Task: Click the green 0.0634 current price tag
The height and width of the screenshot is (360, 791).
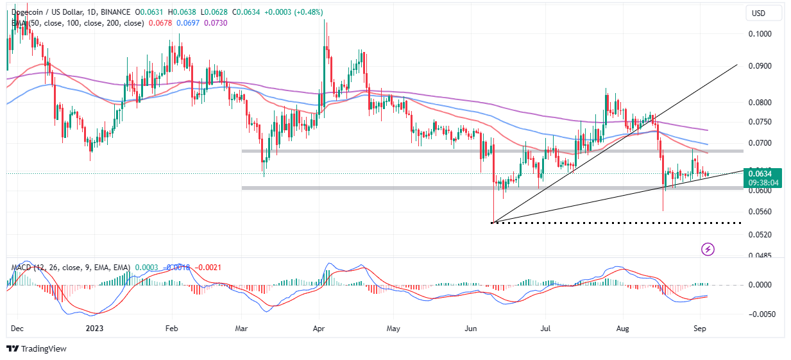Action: click(762, 173)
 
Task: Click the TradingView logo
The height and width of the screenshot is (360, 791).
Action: click(37, 349)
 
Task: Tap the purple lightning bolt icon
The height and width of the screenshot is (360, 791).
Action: click(708, 248)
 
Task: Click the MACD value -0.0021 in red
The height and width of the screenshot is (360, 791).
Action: click(208, 267)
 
